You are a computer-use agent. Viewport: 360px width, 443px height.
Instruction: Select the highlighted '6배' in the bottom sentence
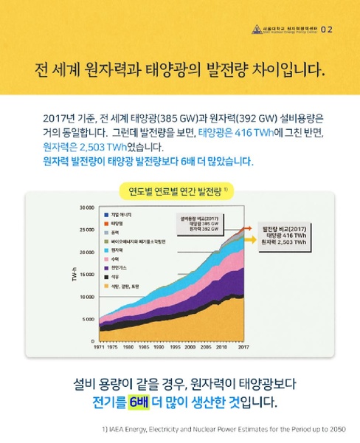pos(138,402)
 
